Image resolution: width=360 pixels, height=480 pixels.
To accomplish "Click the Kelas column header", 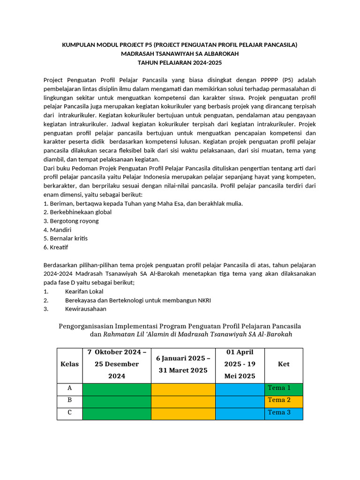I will [x=69, y=364].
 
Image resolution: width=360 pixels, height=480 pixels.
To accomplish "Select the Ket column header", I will [x=284, y=364].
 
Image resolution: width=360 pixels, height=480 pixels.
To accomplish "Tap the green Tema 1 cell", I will [x=284, y=388].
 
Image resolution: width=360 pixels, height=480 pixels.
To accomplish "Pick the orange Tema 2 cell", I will [x=284, y=400].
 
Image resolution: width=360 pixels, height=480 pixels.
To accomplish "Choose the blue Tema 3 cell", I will [x=284, y=412].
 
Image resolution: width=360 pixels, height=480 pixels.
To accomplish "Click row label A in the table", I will [x=69, y=388].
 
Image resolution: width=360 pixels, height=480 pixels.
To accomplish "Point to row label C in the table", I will [x=69, y=412].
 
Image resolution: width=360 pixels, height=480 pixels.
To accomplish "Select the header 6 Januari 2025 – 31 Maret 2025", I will [x=183, y=364].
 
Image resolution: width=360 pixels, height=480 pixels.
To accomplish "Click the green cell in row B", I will [x=116, y=400].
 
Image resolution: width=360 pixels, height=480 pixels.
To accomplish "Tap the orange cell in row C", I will [x=183, y=412].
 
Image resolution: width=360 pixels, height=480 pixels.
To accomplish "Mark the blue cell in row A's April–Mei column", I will [x=240, y=388].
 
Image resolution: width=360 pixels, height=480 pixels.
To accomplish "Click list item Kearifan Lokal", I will [x=84, y=292].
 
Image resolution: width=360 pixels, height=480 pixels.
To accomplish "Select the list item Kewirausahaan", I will [x=85, y=309].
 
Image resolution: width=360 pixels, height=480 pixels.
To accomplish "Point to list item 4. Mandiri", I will [x=57, y=230].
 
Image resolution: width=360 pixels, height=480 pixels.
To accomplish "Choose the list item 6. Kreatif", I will [x=56, y=247].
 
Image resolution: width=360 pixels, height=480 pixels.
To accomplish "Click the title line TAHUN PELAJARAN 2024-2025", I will [x=180, y=62].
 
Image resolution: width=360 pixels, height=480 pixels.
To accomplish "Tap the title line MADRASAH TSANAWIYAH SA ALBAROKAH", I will [x=180, y=54].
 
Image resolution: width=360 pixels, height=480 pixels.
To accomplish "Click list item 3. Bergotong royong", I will [x=71, y=221].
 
